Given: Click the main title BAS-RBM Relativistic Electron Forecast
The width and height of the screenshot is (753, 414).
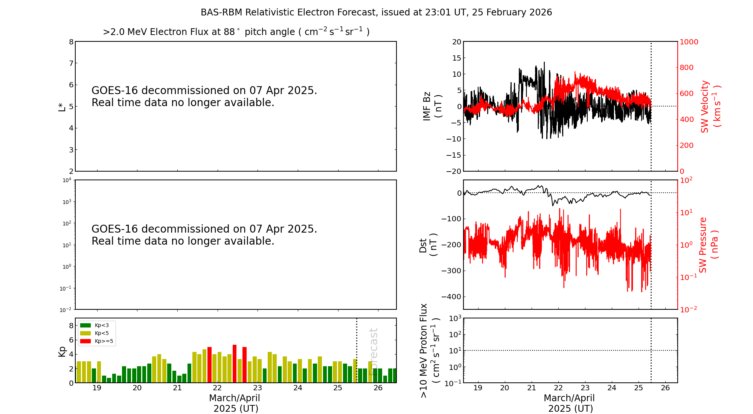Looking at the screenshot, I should click(376, 12).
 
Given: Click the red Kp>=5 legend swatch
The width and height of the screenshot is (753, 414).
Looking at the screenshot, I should click(85, 341).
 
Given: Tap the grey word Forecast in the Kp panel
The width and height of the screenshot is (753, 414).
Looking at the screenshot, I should click(373, 352).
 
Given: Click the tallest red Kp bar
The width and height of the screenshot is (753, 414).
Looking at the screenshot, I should click(235, 364).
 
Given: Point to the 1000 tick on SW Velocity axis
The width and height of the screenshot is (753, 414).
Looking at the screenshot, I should click(689, 42).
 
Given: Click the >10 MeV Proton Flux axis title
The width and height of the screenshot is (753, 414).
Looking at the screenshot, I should click(430, 350).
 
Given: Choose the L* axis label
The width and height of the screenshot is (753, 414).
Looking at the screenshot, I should click(62, 107).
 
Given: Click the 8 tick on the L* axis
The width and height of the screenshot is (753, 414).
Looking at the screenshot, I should click(71, 42).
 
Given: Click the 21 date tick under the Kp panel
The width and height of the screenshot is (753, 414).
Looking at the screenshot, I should click(177, 388).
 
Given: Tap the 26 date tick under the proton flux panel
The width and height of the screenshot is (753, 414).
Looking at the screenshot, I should click(665, 388).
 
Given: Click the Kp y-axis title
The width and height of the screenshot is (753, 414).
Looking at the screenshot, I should click(62, 351).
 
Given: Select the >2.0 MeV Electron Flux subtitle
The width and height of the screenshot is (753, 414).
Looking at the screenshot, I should click(236, 32).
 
